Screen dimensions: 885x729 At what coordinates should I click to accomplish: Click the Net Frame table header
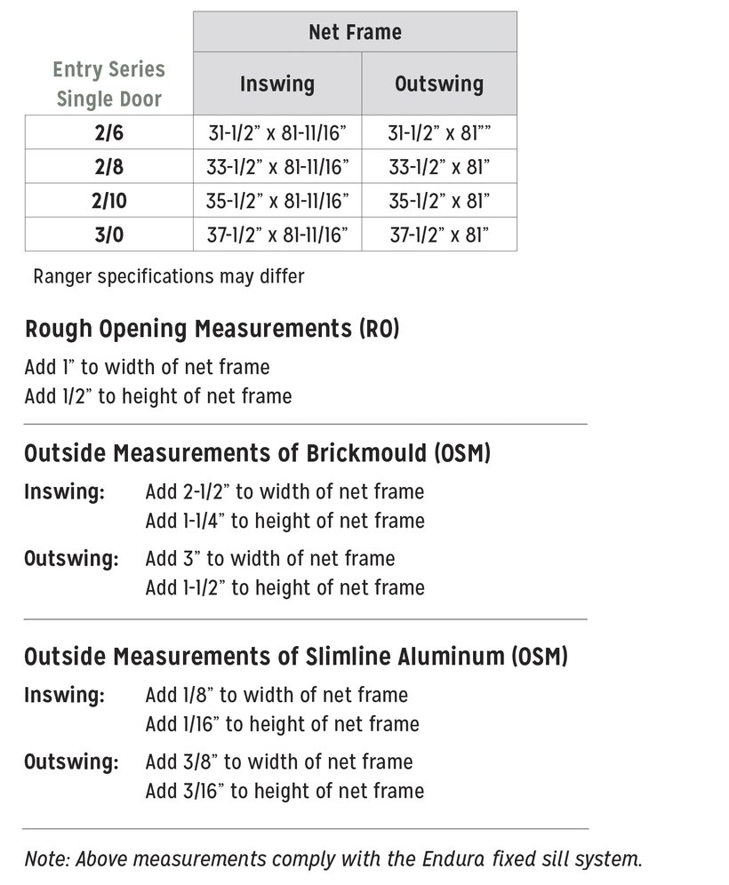[355, 33]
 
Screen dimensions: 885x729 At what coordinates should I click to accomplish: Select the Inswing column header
[276, 84]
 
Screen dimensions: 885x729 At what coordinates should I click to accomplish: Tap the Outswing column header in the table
[438, 84]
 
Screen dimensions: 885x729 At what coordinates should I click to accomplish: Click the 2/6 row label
[109, 133]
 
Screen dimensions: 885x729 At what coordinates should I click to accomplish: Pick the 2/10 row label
[109, 201]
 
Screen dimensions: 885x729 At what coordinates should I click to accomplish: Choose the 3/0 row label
[109, 235]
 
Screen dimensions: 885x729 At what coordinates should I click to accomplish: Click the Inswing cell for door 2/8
[276, 167]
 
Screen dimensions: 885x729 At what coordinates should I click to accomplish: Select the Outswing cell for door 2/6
[439, 133]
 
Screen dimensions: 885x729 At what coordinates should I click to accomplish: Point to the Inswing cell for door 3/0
[276, 235]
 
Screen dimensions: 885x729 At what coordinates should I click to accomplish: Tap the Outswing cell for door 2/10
[439, 201]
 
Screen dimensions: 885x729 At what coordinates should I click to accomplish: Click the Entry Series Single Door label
[109, 84]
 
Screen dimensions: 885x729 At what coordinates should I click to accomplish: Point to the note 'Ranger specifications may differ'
[169, 276]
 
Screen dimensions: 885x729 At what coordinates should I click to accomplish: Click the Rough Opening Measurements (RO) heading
[212, 329]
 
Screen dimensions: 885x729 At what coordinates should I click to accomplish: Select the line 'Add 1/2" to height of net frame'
[158, 395]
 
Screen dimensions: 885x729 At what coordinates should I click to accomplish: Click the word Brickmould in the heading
[364, 453]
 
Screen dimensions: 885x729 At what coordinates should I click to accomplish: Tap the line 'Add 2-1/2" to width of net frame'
[284, 491]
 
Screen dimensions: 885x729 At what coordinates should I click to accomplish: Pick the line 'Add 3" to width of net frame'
[270, 559]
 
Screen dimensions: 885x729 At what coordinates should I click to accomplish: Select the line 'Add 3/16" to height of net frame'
[284, 791]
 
